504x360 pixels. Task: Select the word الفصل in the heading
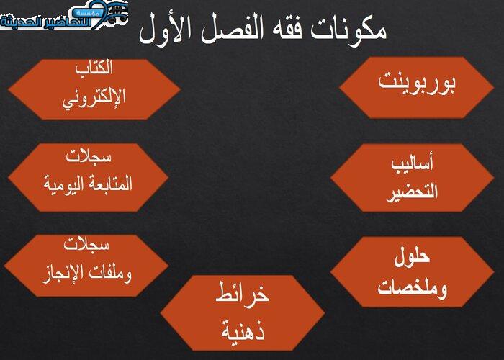[228, 30]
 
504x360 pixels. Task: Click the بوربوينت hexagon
[417, 87]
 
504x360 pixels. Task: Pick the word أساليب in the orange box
[413, 163]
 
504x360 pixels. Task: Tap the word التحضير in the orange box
[412, 192]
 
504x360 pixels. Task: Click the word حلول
[413, 257]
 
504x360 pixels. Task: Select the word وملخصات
[413, 287]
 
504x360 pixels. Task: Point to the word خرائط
[242, 294]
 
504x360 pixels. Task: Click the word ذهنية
[243, 330]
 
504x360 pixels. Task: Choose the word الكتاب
[94, 68]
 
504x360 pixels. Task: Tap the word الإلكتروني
[94, 98]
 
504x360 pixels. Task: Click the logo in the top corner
[64, 15]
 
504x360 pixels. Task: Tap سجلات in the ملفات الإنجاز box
[86, 244]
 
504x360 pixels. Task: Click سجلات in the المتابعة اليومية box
[89, 156]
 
